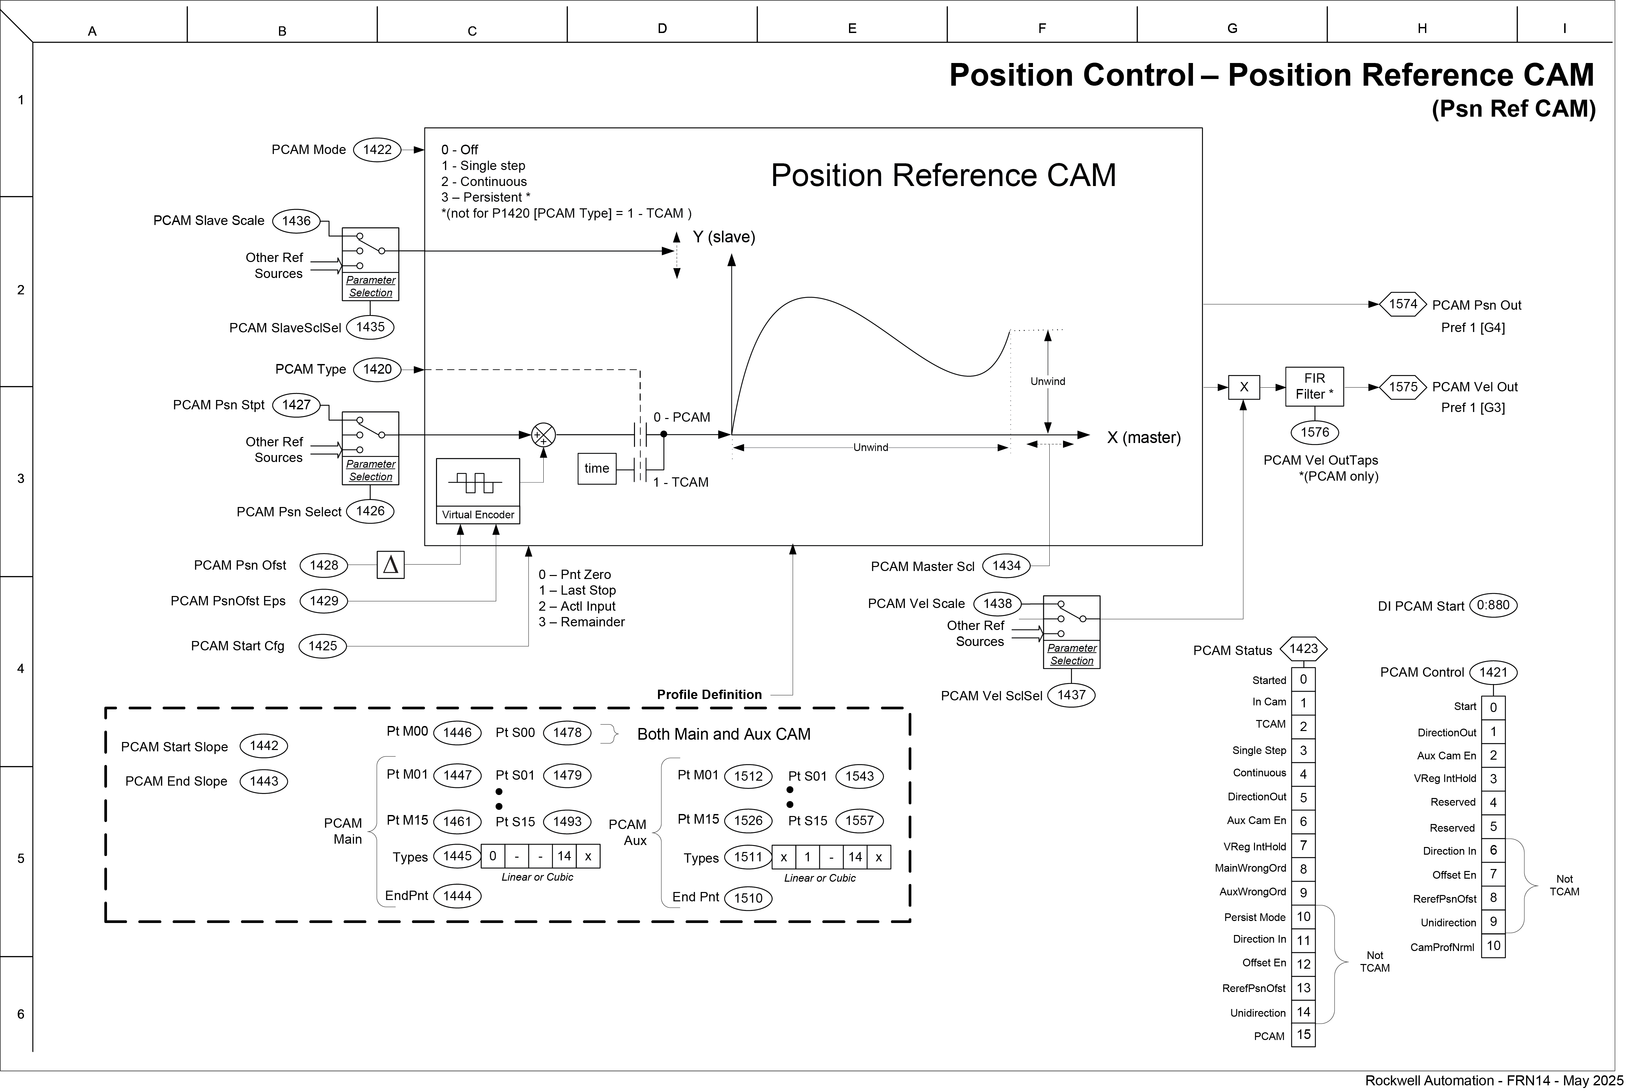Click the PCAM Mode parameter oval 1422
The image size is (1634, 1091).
[377, 150]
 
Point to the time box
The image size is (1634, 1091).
[597, 468]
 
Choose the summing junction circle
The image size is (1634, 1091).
[543, 436]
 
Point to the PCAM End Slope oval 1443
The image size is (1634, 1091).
[264, 781]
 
